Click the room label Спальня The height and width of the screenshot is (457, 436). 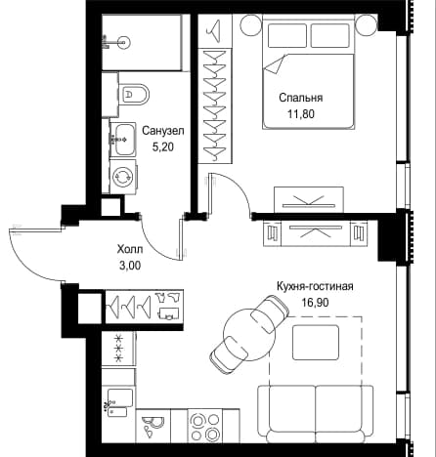tap(301, 98)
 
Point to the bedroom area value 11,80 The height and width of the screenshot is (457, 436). tap(301, 114)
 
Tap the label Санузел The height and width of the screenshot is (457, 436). tap(163, 131)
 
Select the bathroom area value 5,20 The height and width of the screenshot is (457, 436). tap(163, 147)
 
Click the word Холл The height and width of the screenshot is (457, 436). tap(130, 250)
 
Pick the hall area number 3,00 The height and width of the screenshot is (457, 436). tap(130, 266)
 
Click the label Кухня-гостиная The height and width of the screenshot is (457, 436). tap(315, 286)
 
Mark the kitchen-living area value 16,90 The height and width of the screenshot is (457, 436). tap(315, 303)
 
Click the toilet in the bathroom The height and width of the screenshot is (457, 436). tap(134, 95)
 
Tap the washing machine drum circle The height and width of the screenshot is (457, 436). tap(122, 177)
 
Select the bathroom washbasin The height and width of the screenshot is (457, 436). tap(123, 140)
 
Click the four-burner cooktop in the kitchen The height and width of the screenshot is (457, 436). tap(205, 427)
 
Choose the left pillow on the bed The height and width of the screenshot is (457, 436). tap(287, 35)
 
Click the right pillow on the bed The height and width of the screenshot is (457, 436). tap(330, 35)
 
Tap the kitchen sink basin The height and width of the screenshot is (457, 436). tap(120, 397)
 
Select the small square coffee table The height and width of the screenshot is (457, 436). tap(316, 343)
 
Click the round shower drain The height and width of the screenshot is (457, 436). tap(123, 42)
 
